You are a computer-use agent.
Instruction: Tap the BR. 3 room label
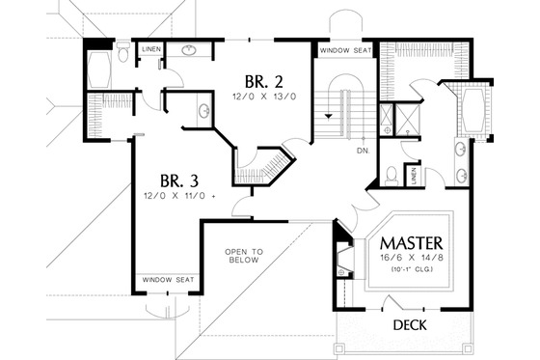click(x=179, y=180)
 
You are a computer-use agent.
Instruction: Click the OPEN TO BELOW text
click(x=244, y=256)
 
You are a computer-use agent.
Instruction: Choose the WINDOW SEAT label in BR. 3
click(x=169, y=280)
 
